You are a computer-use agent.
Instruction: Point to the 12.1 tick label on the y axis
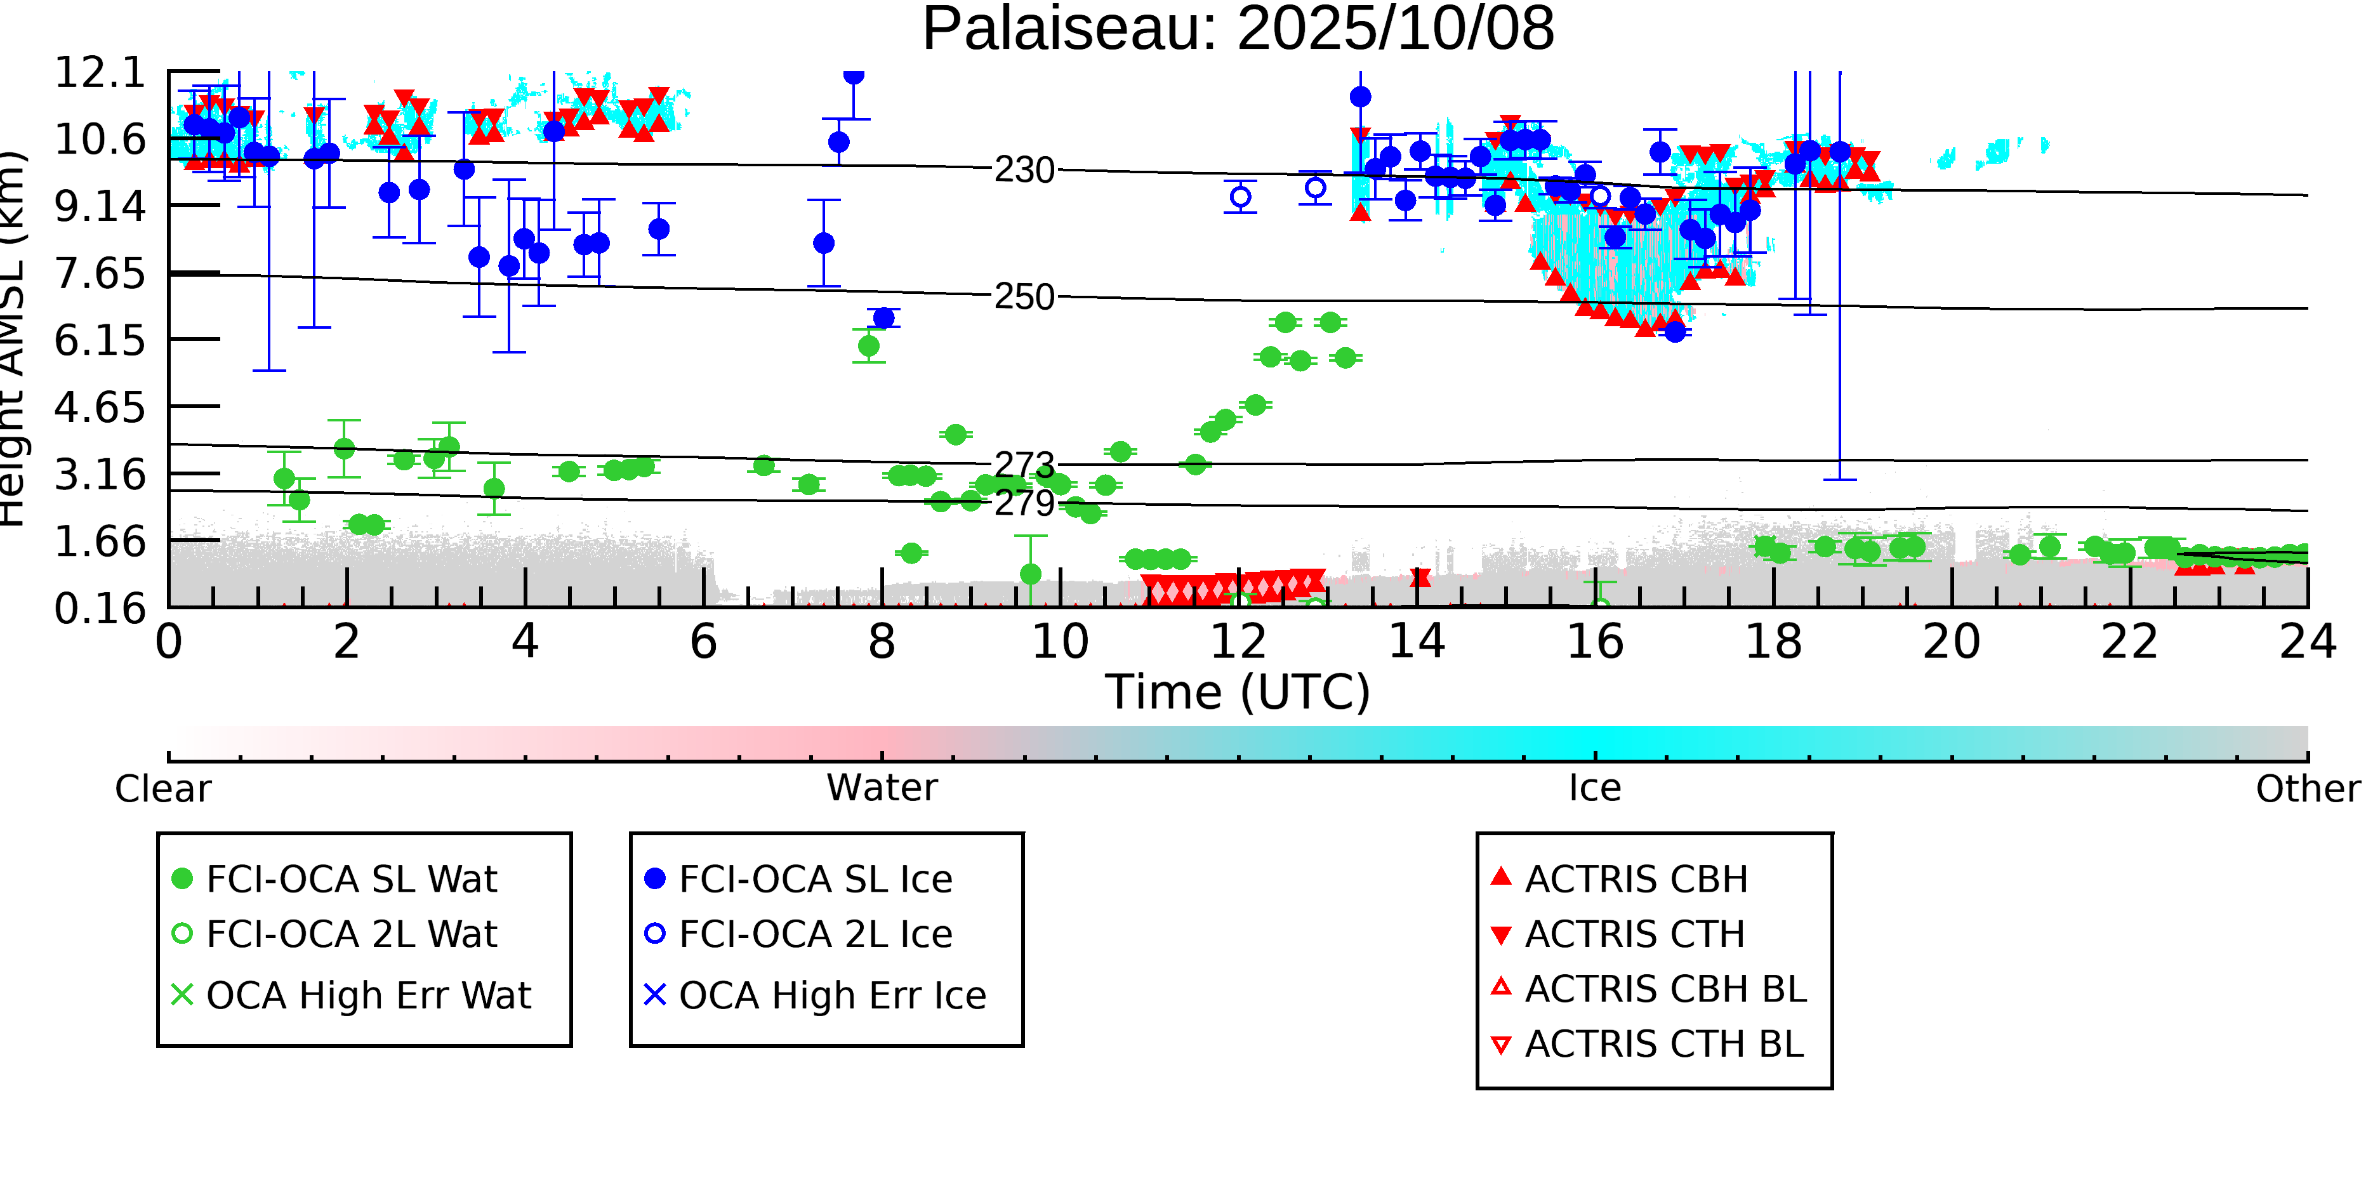coord(100,73)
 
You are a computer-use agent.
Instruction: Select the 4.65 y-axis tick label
coord(100,407)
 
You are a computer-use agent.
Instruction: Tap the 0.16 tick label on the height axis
coord(100,609)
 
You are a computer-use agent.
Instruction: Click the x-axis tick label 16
coord(1595,642)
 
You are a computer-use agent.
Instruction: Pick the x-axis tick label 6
coord(703,642)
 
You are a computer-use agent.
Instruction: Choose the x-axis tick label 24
coord(2307,642)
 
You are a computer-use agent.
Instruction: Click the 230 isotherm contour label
coord(1024,170)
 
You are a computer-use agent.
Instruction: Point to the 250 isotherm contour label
coord(1024,298)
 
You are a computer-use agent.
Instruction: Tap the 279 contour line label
coord(1024,503)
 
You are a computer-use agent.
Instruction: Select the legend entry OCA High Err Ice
coord(831,996)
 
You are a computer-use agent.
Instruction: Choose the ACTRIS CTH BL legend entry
coord(1663,1045)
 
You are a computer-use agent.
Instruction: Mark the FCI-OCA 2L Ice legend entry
coord(815,935)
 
